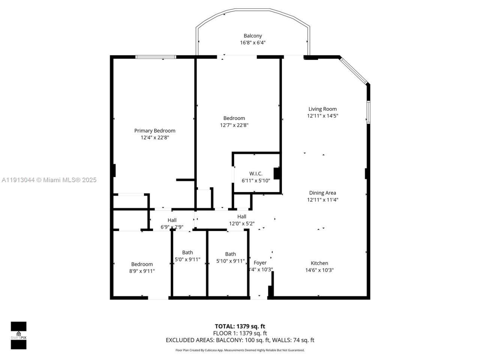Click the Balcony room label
click(x=253, y=36)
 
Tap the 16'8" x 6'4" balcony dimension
click(x=253, y=43)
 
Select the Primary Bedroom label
click(x=154, y=131)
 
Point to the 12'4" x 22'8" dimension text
click(x=154, y=138)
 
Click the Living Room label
click(x=322, y=109)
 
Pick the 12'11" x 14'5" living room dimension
click(x=322, y=116)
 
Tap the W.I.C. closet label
click(x=256, y=174)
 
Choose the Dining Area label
click(x=322, y=193)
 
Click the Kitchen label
click(x=319, y=263)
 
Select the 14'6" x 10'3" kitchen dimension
click(x=319, y=270)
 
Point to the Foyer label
click(x=260, y=263)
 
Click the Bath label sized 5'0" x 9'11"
click(x=187, y=253)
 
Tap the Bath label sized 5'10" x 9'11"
click(x=230, y=254)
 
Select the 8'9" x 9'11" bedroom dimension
click(x=142, y=271)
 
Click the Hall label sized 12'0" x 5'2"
click(x=242, y=217)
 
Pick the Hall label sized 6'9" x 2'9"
click(x=172, y=220)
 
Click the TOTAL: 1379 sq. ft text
click(x=240, y=326)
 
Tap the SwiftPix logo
click(x=18, y=335)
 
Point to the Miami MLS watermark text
click(x=49, y=180)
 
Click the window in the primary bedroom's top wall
click(x=156, y=57)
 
